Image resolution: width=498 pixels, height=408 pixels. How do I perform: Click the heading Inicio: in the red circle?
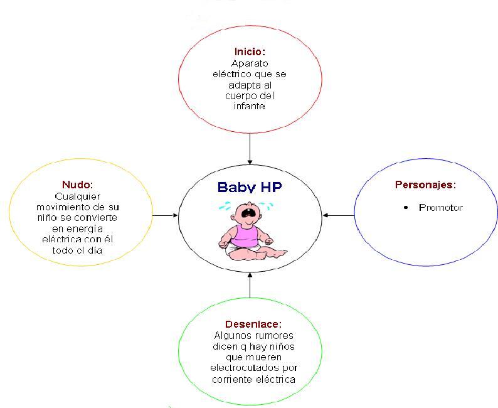(250, 51)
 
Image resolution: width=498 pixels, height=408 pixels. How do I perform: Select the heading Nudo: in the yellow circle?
(77, 185)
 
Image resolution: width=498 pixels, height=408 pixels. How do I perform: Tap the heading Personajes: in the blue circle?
(425, 185)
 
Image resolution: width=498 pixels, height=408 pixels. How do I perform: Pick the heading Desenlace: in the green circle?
(250, 325)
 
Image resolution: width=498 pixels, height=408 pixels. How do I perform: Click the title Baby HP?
(250, 187)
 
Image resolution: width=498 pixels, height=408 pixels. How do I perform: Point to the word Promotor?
(440, 208)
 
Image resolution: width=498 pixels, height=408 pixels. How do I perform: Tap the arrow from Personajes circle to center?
(339, 215)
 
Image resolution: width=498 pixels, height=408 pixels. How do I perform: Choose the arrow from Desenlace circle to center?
(250, 285)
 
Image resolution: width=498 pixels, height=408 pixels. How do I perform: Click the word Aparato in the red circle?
(250, 63)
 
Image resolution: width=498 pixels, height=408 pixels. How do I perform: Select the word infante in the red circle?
(250, 107)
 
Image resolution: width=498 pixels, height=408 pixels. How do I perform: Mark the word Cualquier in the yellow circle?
(77, 196)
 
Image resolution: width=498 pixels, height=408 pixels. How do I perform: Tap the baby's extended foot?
(280, 254)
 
